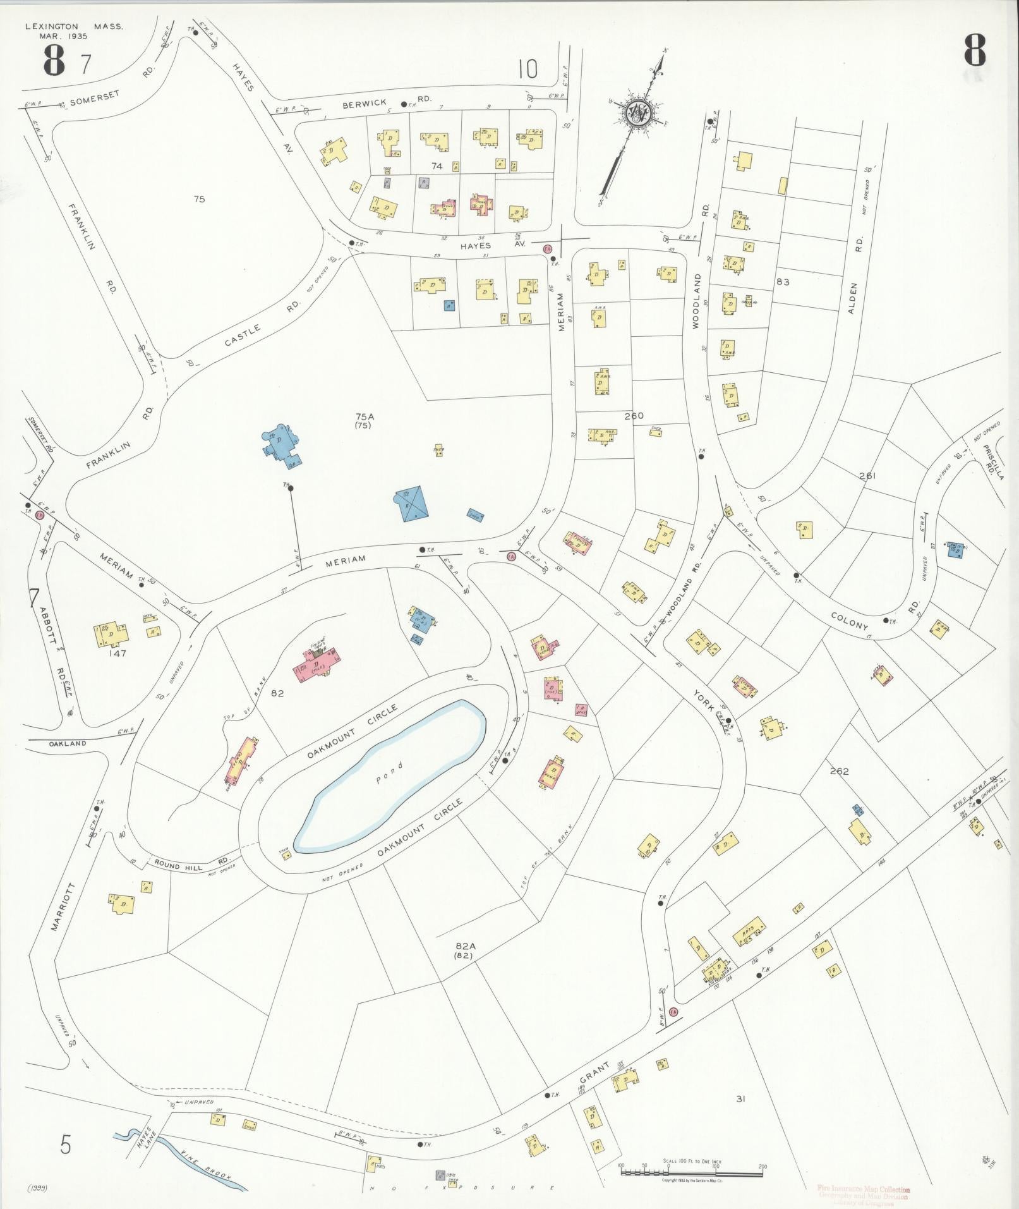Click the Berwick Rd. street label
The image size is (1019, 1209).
[387, 102]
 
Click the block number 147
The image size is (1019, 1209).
[118, 653]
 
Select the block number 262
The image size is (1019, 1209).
[840, 771]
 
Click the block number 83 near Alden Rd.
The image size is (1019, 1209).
[783, 282]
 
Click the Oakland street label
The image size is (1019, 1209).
[69, 744]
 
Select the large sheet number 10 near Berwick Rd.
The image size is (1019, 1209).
[528, 69]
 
